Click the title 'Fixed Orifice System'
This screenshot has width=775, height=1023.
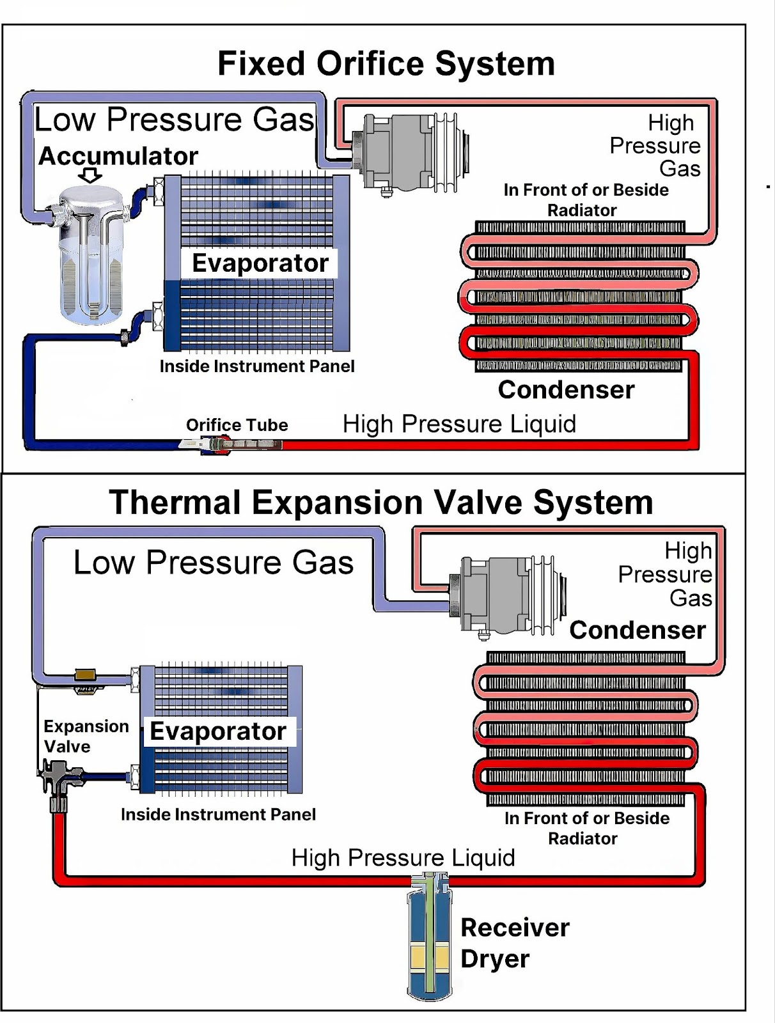tap(386, 63)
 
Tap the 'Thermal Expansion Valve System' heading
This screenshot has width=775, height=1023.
tap(380, 503)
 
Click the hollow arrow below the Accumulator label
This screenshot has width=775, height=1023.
tap(90, 175)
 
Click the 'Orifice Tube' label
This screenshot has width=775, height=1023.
tap(237, 425)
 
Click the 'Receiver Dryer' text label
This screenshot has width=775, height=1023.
tap(515, 943)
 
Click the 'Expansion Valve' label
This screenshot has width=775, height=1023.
tap(86, 737)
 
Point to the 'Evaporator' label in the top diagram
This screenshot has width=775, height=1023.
tap(260, 263)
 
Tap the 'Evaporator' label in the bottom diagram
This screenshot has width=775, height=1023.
tap(217, 731)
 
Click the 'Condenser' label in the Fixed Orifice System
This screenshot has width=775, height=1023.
tap(566, 389)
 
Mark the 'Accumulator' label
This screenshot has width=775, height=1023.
tap(118, 155)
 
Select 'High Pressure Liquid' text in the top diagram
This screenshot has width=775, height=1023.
tap(459, 424)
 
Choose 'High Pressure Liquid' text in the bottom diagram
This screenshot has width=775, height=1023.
tap(403, 857)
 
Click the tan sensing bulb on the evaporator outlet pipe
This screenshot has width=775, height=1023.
tap(85, 674)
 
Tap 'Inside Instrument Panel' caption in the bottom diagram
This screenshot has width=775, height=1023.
tap(218, 814)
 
